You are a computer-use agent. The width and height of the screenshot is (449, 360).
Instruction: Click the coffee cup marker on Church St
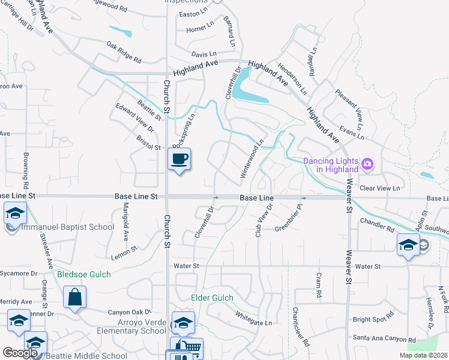[x=179, y=160]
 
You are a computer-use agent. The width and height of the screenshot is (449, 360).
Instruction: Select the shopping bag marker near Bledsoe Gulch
[x=74, y=297]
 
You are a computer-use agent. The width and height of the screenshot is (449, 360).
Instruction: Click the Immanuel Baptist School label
[x=67, y=227]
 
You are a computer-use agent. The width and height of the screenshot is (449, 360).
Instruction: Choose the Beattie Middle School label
[x=84, y=356]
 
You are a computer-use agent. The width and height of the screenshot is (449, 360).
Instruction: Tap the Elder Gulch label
[x=212, y=298]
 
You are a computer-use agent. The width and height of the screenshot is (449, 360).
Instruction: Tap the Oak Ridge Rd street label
[x=124, y=52]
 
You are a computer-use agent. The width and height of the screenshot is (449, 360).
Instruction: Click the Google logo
[x=20, y=353]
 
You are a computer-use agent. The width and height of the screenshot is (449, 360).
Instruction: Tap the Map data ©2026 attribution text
[x=424, y=355]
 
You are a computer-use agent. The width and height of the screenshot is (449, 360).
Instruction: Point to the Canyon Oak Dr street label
[x=128, y=312]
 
